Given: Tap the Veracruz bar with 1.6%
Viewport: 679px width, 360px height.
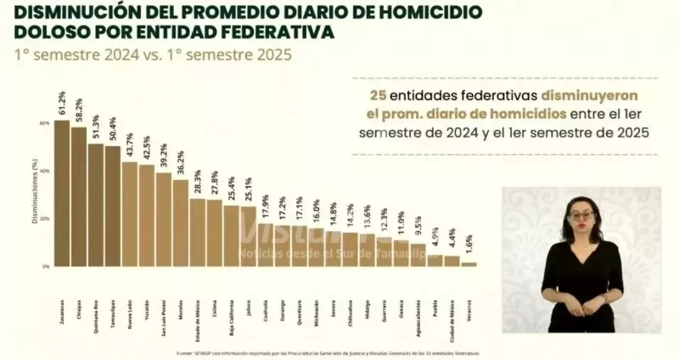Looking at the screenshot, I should (x=469, y=264).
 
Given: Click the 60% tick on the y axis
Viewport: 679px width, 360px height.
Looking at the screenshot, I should (x=44, y=123).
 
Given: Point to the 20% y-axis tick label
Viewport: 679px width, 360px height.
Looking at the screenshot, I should (x=44, y=218).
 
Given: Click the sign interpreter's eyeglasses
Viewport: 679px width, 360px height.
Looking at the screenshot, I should (x=581, y=217).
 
